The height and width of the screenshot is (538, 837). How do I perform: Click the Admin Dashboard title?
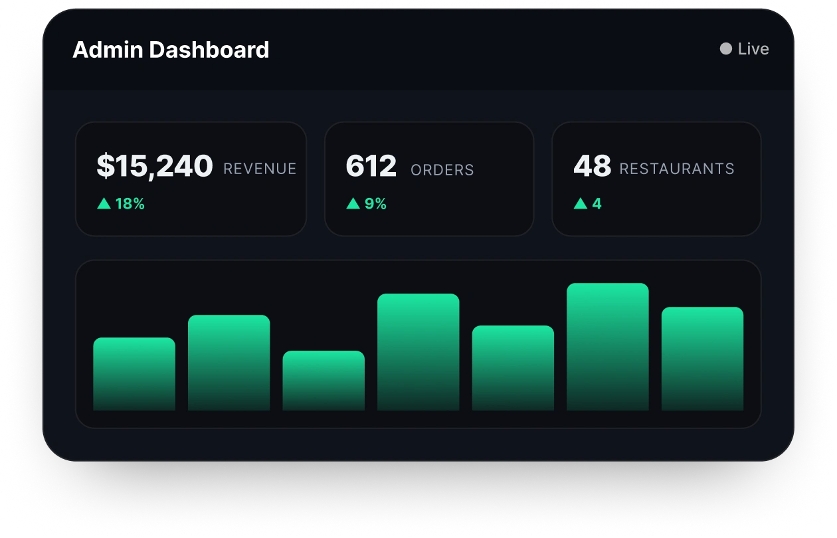tap(171, 50)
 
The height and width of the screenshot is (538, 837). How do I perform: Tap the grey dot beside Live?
tap(725, 48)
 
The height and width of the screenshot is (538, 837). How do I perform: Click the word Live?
tap(753, 49)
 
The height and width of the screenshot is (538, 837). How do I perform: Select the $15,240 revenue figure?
tap(155, 166)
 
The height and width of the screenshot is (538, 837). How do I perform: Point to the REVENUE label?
tap(260, 169)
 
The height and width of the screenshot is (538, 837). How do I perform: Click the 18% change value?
tap(130, 204)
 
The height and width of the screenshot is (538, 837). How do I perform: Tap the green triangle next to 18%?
tap(104, 204)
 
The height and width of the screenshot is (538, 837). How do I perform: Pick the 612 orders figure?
tap(371, 166)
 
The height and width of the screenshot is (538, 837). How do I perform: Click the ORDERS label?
tap(442, 170)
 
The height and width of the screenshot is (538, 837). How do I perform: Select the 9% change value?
tap(375, 204)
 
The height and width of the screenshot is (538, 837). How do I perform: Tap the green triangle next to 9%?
tap(353, 204)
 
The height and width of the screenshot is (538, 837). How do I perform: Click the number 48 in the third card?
tap(593, 166)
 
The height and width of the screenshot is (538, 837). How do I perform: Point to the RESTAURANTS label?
tap(677, 169)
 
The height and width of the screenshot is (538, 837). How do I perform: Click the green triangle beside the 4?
tap(581, 204)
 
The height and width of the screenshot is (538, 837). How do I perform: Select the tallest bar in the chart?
tap(608, 347)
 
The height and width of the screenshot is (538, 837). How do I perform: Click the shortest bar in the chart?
tap(324, 381)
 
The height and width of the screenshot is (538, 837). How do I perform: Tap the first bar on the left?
tap(134, 374)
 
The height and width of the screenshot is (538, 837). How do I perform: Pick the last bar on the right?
tap(703, 359)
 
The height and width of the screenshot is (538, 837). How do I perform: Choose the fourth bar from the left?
tap(418, 352)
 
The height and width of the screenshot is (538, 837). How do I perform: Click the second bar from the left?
tap(229, 363)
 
